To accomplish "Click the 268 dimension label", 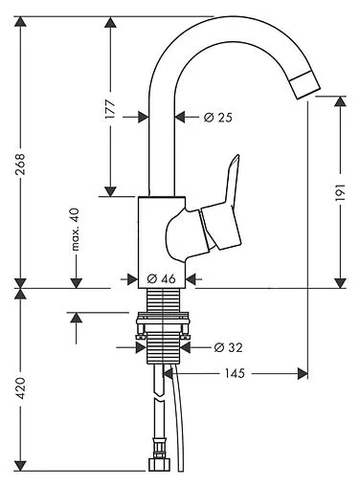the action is pyautogui.click(x=20, y=165).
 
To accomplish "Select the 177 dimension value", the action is pyautogui.click(x=110, y=109).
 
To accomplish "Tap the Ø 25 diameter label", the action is pyautogui.click(x=218, y=118).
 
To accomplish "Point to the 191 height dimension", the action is pyautogui.click(x=340, y=192).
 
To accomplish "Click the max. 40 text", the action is pyautogui.click(x=75, y=230).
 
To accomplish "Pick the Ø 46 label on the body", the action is pyautogui.click(x=162, y=278).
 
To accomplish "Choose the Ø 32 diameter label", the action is pyautogui.click(x=229, y=347).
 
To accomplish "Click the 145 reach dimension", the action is pyautogui.click(x=235, y=373).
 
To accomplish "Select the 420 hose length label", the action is pyautogui.click(x=20, y=388).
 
